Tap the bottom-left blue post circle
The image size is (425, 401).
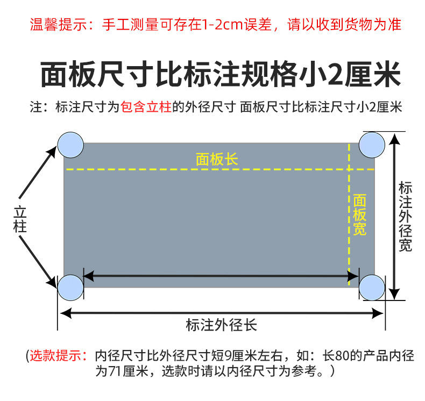click(x=70, y=288)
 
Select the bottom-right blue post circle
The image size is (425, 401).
click(x=372, y=288)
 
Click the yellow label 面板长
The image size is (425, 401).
click(x=216, y=159)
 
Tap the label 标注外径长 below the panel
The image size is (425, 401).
click(x=221, y=325)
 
